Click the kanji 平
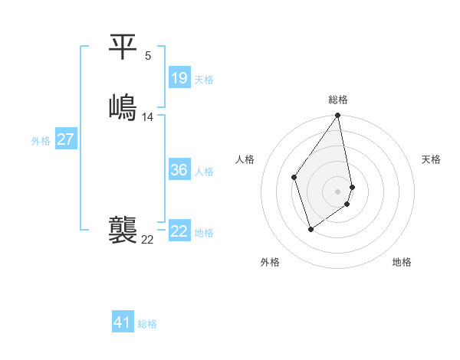pos(123,47)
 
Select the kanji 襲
pos(123,231)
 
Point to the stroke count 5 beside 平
pos(148,55)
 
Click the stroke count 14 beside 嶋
pos(148,117)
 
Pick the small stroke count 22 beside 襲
pos(148,240)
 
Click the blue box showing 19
pos(179,78)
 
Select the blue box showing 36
pos(179,170)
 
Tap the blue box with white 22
pos(179,231)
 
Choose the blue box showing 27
pos(65,139)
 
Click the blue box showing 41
pos(123,322)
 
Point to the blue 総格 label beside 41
pos(147,324)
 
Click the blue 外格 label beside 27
pos(41,141)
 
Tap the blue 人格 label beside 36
pos(205,172)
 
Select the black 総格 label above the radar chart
pos(338,100)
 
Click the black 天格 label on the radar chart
pos(431,159)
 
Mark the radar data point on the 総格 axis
pos(338,116)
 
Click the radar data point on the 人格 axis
pos(294,177)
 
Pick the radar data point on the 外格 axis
pos(310,228)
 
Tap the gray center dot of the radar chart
pos(338,191)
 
